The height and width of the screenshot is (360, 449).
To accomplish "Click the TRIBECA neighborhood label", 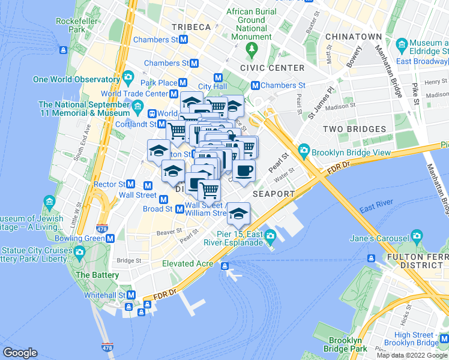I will click(191, 27).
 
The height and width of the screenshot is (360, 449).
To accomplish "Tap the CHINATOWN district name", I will click(353, 37).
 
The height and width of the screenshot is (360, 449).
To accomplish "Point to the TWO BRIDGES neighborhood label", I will click(354, 129).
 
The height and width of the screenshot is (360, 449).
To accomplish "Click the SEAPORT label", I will click(274, 194).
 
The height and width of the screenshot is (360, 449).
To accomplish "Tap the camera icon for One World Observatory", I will click(128, 77).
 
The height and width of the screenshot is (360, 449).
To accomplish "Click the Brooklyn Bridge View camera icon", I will click(304, 150).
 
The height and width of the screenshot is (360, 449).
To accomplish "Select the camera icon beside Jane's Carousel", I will click(417, 237).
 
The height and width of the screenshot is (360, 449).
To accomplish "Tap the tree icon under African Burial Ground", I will click(252, 47).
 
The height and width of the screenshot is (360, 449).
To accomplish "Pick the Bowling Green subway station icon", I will click(110, 238).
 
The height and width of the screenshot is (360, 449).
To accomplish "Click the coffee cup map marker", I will click(244, 171).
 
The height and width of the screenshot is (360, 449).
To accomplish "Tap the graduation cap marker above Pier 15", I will click(238, 213).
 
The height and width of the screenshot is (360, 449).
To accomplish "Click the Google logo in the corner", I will click(20, 353).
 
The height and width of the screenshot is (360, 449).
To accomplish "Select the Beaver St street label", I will click(169, 231).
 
